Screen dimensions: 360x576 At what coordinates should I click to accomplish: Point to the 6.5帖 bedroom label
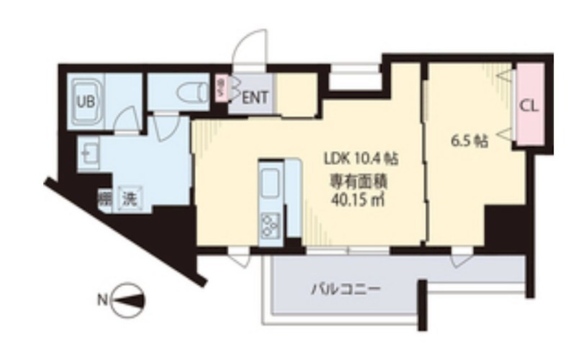[x=470, y=141]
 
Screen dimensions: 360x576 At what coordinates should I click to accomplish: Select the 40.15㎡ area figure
[x=354, y=199]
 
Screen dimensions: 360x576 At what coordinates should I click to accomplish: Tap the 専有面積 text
[x=354, y=179]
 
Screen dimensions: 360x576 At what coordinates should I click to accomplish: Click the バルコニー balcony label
[x=346, y=291]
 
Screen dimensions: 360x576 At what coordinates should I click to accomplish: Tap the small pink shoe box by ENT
[x=220, y=91]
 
